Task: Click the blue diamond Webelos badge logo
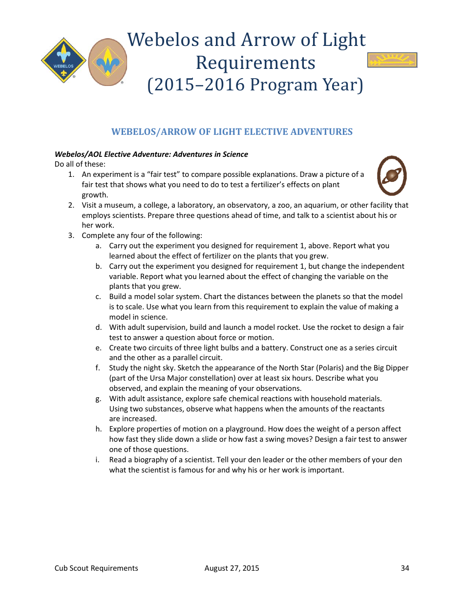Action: coord(63,61)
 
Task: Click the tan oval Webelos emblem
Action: coord(107,62)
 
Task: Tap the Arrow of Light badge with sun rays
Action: coord(392,60)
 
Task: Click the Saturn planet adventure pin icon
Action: coord(392,175)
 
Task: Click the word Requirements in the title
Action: coord(255,63)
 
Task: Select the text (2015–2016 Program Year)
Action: coord(255,85)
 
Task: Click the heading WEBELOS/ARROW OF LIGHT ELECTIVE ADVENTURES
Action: coord(232,132)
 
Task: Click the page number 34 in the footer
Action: coord(404,568)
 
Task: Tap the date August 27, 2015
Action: coord(232,568)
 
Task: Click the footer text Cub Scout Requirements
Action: coord(96,568)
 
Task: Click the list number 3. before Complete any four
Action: coord(71,236)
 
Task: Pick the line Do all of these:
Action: coord(80,164)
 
